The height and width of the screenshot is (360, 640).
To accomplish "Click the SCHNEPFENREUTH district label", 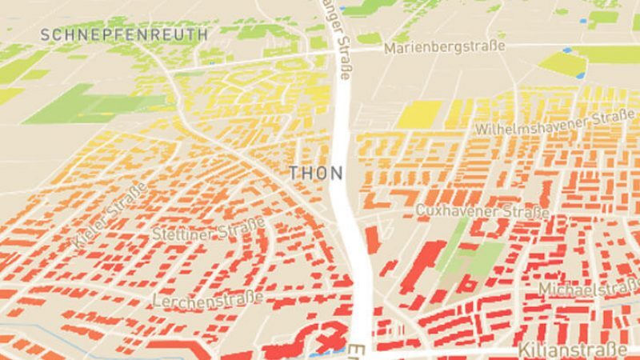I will [x=123, y=34].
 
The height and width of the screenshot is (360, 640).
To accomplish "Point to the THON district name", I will [x=315, y=173].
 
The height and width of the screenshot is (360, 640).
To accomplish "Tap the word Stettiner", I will [x=180, y=234].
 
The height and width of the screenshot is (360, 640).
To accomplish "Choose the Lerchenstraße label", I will [x=207, y=299].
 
